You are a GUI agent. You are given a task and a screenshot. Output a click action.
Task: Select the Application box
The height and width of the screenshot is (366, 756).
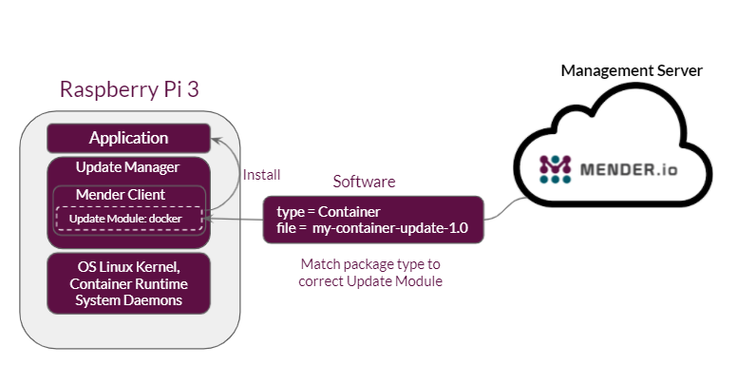point(128,139)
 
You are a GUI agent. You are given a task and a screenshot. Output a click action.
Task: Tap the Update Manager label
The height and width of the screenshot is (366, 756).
point(128,167)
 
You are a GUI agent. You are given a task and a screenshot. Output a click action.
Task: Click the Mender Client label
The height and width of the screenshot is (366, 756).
point(121,195)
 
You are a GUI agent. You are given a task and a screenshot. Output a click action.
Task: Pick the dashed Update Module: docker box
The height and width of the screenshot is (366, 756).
point(128,219)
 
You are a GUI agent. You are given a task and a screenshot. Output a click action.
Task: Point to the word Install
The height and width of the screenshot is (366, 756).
point(262,175)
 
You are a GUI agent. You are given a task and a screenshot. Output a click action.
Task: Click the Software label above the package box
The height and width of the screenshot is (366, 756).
point(364,181)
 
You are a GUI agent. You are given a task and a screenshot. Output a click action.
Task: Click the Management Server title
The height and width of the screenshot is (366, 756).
point(632,70)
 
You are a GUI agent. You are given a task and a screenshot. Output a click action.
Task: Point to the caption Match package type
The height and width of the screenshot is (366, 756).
point(369,263)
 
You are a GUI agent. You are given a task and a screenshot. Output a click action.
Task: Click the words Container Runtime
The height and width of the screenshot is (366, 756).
point(128,283)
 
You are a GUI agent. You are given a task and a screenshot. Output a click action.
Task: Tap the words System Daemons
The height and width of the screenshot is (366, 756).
point(128,300)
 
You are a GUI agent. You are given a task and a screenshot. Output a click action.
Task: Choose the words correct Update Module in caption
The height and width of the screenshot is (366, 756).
point(369,281)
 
